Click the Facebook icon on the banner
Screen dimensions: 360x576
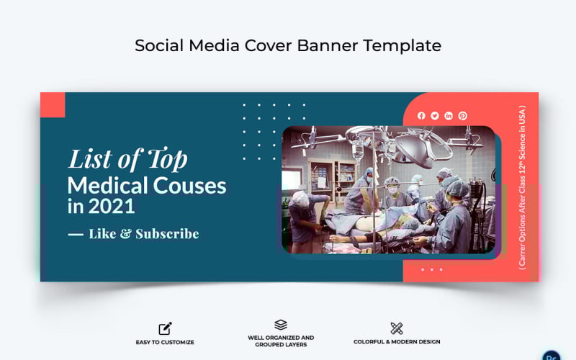coord(421,116)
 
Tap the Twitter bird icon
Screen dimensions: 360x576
coord(435,116)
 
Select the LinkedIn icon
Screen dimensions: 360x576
coord(449,116)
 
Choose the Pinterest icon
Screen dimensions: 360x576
coord(462,116)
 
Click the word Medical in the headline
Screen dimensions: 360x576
coord(108,186)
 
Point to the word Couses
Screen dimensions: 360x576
coord(189,186)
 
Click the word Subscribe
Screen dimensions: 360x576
coord(167,234)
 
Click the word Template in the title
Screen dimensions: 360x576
coord(402,45)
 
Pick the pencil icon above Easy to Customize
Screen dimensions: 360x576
coord(165,328)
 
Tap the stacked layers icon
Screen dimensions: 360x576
coord(281,325)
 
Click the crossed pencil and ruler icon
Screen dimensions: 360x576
coord(397,328)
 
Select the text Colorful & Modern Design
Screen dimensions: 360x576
coord(397,342)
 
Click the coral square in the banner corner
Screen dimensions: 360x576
coord(53,104)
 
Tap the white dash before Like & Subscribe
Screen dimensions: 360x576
coord(75,234)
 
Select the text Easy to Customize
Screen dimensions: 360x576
coord(165,342)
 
